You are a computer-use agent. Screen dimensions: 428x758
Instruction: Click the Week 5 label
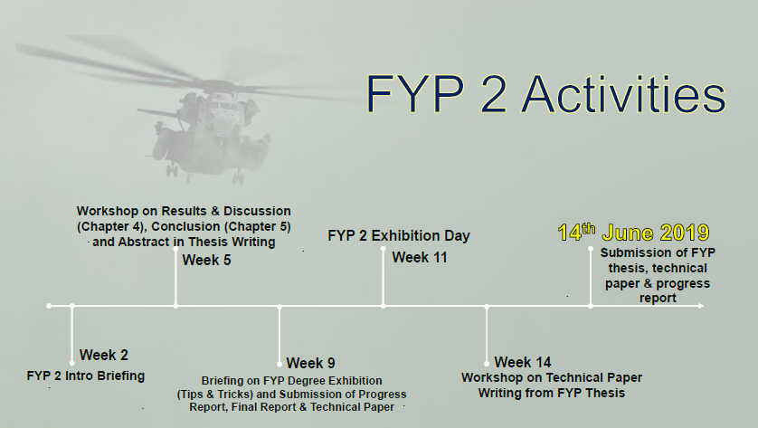pos(207,261)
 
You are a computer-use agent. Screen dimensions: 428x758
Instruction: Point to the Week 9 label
pos(311,364)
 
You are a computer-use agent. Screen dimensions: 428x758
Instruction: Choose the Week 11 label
pos(420,258)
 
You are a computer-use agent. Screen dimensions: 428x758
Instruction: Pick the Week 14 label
pos(523,362)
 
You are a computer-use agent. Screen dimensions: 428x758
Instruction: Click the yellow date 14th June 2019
pos(632,232)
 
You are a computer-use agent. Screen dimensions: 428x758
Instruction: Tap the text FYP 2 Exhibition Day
pos(399,236)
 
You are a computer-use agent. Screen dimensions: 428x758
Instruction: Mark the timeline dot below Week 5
pos(175,307)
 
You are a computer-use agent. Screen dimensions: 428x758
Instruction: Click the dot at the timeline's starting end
pos(49,307)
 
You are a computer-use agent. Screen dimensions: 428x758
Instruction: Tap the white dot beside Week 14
pos(488,363)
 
